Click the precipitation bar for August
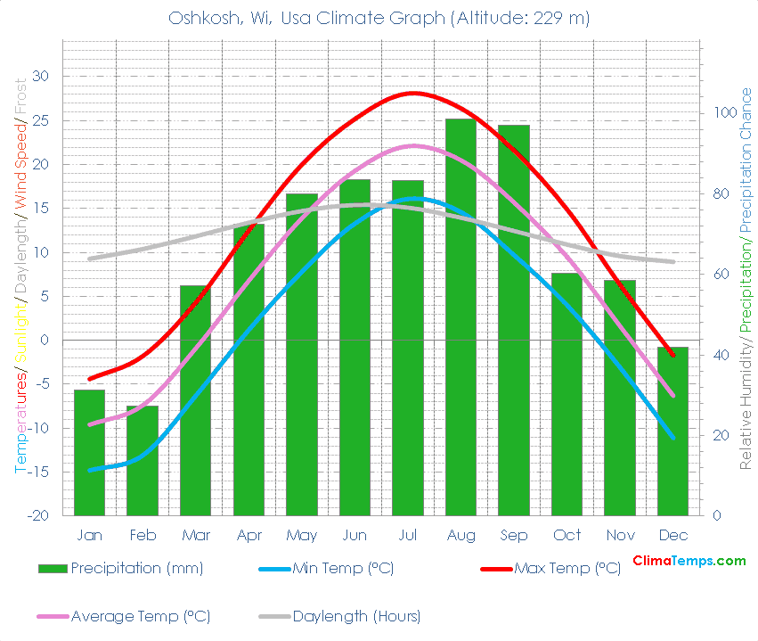pyautogui.click(x=461, y=316)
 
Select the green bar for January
pyautogui.click(x=89, y=452)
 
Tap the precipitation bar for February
pyautogui.click(x=143, y=460)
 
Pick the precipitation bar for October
pyautogui.click(x=566, y=394)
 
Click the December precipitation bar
pyautogui.click(x=672, y=431)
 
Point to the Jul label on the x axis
pyautogui.click(x=407, y=535)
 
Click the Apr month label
pyautogui.click(x=249, y=535)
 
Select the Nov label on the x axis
pyautogui.click(x=620, y=535)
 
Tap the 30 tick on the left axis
pyautogui.click(x=42, y=77)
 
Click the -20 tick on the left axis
pyautogui.click(x=39, y=515)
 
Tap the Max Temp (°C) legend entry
pyautogui.click(x=566, y=568)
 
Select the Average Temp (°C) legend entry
pyautogui.click(x=140, y=616)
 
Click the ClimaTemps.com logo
pyautogui.click(x=689, y=561)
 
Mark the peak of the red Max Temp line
pyautogui.click(x=412, y=93)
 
